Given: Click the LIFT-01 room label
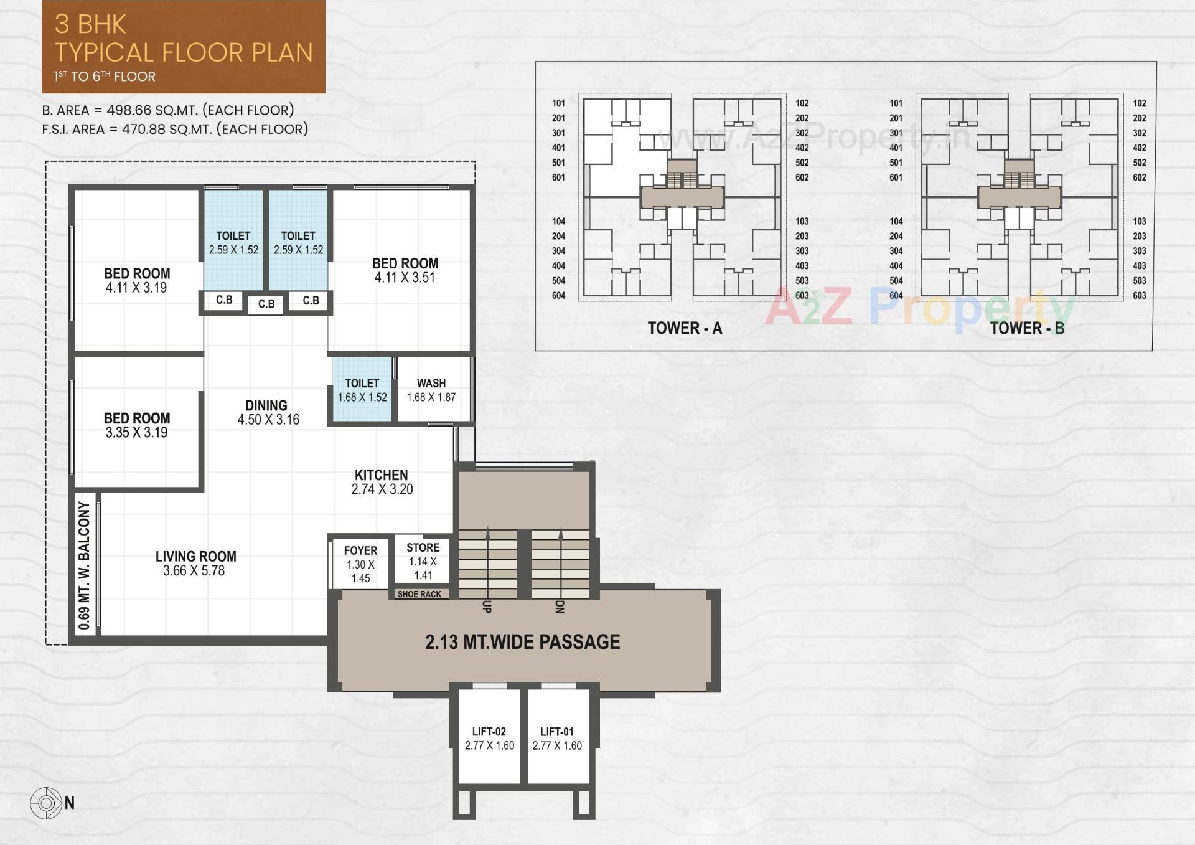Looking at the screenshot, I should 556,732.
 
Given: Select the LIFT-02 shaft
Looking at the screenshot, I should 489,738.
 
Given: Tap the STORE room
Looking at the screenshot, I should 423,561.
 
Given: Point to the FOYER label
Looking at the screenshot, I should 360,551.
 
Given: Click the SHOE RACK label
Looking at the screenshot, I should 419,595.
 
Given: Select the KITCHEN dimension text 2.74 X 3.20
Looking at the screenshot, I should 382,489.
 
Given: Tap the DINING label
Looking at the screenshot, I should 266,405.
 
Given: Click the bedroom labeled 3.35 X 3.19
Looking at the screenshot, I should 137,425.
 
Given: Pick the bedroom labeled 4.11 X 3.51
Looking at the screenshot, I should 405,270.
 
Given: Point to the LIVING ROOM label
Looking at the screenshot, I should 195,557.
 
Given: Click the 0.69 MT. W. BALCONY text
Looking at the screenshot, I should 85,565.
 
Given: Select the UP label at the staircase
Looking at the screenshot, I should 487,607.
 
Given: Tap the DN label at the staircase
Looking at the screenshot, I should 559,607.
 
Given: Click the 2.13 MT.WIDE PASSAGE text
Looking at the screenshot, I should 522,642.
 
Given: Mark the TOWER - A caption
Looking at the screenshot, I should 685,328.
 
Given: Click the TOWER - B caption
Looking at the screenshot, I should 1027,328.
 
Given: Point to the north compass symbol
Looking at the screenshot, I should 46,803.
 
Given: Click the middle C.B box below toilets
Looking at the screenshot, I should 266,304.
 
